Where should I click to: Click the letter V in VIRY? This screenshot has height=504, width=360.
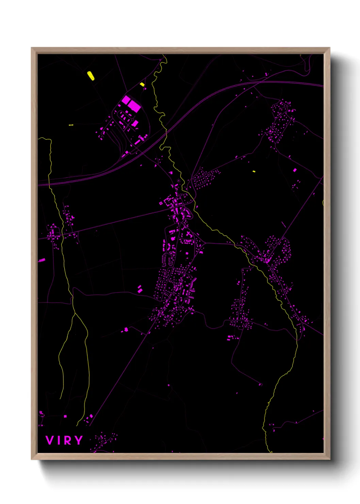click(50, 440)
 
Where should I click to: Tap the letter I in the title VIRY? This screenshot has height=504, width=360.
click(59, 440)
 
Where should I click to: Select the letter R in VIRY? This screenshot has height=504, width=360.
click(68, 440)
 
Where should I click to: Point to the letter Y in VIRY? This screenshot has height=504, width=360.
click(79, 440)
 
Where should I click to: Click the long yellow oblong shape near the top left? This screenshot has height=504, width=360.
click(91, 76)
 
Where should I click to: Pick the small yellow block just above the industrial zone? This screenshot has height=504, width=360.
click(142, 84)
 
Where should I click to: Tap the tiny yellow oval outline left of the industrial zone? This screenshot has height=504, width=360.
click(71, 125)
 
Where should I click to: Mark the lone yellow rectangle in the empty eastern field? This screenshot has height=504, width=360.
click(254, 171)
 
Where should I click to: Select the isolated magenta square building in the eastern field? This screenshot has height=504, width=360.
click(295, 170)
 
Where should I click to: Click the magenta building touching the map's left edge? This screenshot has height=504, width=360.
click(42, 260)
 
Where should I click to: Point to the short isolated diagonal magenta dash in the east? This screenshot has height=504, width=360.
click(283, 224)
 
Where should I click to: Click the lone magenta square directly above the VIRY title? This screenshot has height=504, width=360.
click(65, 416)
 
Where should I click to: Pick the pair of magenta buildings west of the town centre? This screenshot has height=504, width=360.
click(140, 289)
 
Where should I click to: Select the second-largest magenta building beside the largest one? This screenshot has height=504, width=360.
click(126, 100)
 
